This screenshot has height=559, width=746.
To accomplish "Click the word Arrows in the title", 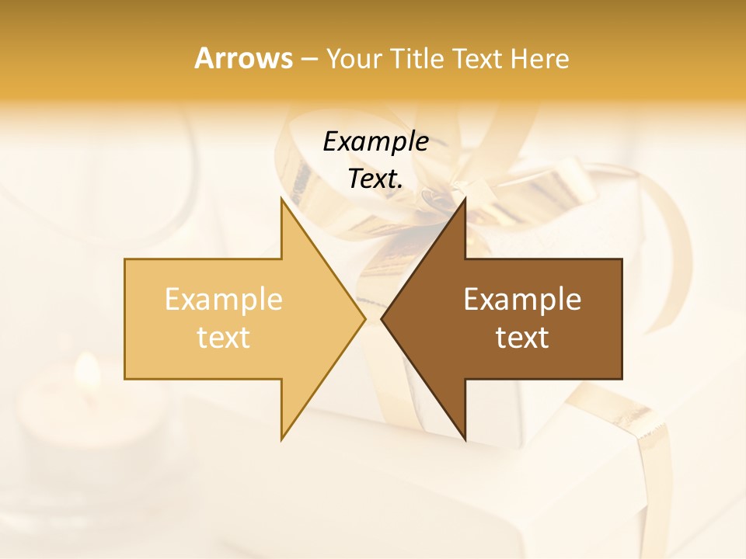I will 243,58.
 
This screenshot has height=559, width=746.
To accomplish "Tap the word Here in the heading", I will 539,58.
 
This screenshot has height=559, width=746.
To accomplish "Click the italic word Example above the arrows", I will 375,141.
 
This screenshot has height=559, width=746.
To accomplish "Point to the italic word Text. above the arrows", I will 375,179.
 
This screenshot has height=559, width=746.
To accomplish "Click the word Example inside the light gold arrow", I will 223,299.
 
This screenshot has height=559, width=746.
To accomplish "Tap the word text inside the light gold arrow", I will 223,338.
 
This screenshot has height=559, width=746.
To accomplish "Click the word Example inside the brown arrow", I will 522,299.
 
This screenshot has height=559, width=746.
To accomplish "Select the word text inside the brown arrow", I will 522,338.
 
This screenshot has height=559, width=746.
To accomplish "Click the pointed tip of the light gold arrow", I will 364,318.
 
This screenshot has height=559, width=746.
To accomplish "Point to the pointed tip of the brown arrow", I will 382,318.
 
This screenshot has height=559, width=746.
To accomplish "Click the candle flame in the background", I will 87,371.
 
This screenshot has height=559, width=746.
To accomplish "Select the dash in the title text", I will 309,59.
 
